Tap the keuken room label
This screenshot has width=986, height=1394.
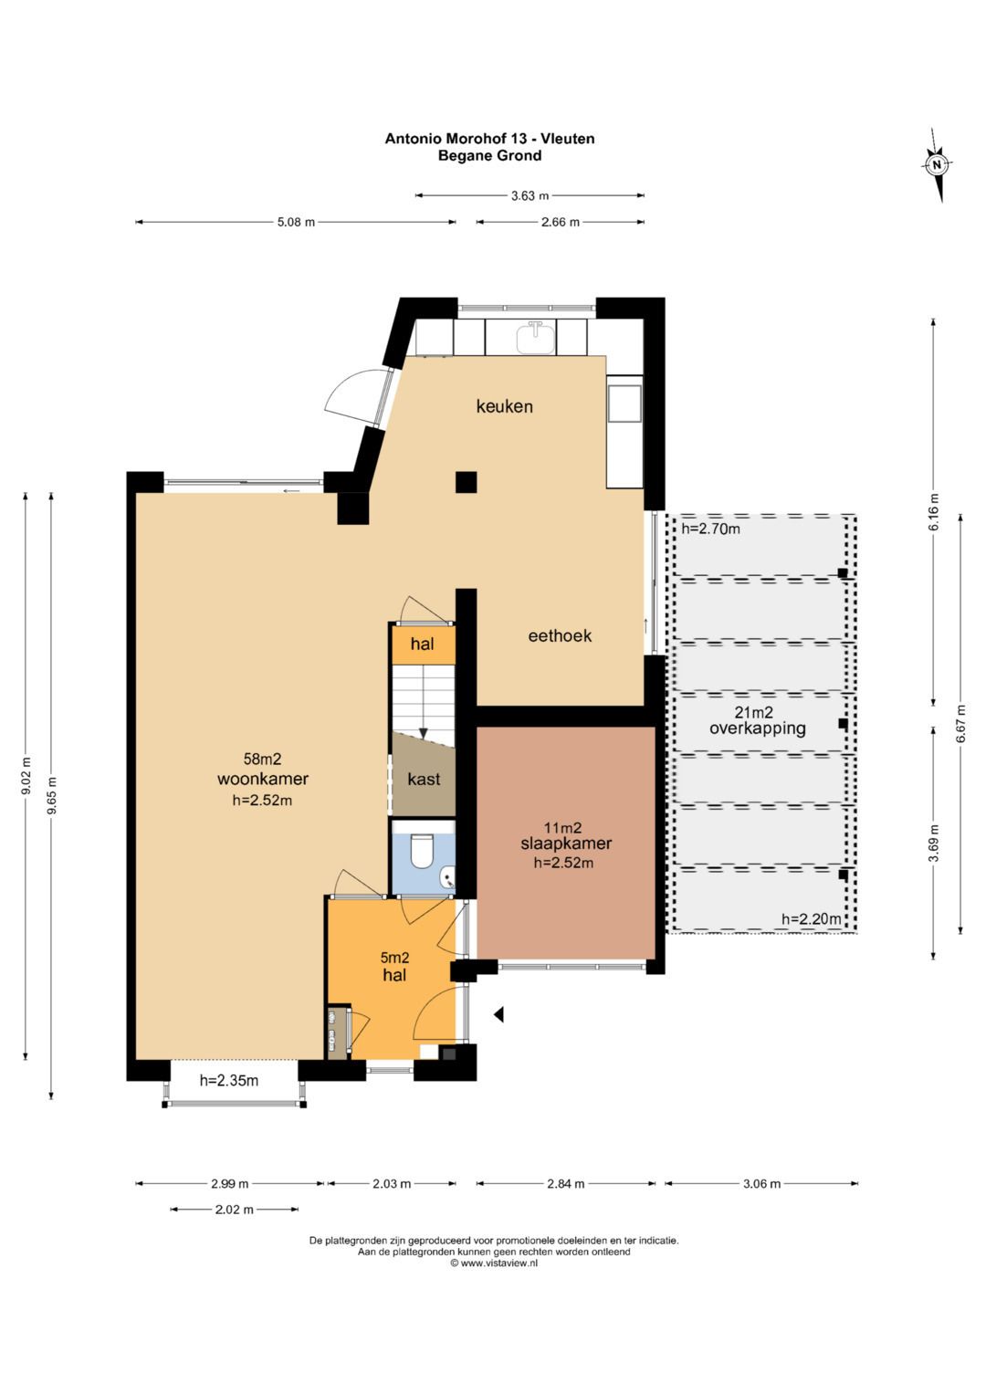504,406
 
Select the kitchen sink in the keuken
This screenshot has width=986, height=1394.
536,337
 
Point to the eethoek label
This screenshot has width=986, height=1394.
560,635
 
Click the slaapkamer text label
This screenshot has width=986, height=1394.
566,844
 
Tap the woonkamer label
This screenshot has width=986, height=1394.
263,778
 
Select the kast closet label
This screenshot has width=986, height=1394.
424,779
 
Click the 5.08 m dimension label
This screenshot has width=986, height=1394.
296,222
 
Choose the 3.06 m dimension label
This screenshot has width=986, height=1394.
761,1183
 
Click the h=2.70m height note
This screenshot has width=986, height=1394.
711,529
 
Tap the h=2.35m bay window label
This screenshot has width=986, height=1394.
229,1080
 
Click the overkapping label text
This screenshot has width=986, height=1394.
758,728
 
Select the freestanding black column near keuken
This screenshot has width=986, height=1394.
466,482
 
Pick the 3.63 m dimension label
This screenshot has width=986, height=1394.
530,195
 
